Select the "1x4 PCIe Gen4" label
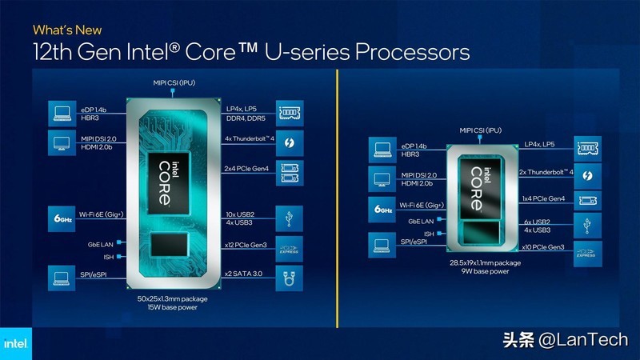543,198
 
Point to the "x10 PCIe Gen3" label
544,249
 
